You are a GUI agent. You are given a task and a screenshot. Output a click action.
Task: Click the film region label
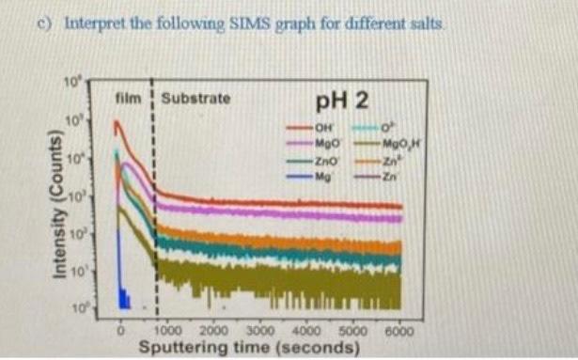127,97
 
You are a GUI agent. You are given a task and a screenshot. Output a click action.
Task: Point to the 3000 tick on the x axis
259,330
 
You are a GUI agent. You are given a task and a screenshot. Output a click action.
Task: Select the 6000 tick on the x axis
398,330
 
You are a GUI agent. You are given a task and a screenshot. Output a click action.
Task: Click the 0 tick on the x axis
120,330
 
